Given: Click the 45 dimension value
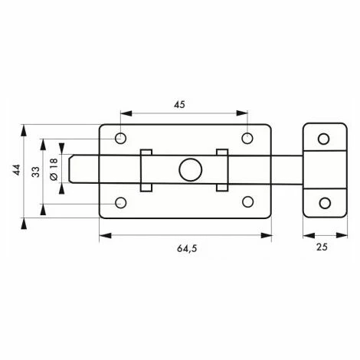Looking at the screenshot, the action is click(180, 105).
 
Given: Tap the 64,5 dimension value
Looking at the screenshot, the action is click(187, 248).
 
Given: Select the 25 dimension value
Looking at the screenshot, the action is click(322, 247).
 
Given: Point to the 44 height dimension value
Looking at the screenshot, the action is click(17, 170).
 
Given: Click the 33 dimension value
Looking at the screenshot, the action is click(36, 172).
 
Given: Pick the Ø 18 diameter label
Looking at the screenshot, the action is click(54, 169).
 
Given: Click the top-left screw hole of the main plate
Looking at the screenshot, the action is click(120, 139).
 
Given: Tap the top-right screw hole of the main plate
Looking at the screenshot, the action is click(247, 138).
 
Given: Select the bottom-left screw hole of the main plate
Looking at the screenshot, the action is click(121, 203).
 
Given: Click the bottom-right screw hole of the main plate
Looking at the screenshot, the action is click(247, 202).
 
